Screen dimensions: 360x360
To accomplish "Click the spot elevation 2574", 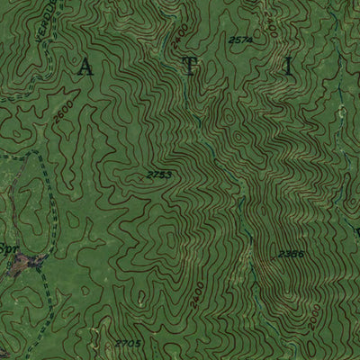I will pos(241,40).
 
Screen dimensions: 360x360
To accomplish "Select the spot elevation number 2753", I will pos(158,172).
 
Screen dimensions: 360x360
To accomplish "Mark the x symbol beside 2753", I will pos(139,177).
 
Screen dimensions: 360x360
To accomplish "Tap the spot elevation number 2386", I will pos(290,255).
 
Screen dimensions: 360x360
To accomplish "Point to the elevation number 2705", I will pos(129,343).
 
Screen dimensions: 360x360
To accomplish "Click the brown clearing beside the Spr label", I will pos(37,262).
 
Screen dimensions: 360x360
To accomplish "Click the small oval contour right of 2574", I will pos(269,38).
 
